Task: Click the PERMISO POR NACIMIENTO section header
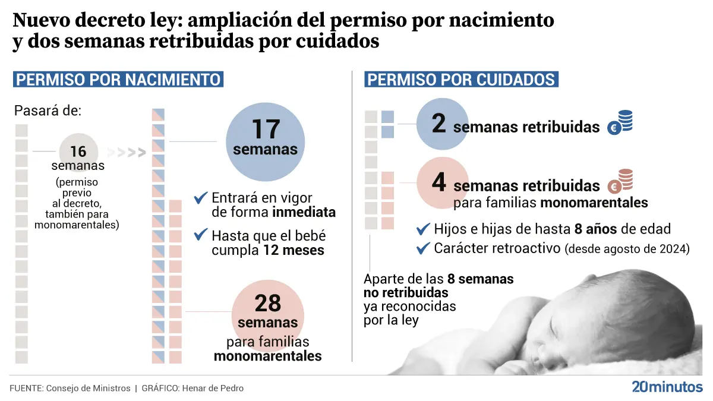[118, 80]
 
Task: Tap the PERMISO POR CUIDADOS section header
[461, 80]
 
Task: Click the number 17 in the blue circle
[266, 130]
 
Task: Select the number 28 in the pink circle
[267, 303]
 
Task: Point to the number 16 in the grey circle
[78, 152]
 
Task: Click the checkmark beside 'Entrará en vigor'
[201, 197]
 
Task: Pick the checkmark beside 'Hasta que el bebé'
[201, 235]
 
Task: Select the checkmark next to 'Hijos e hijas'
[424, 229]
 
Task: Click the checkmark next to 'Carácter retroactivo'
[424, 248]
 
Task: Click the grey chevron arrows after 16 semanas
[129, 153]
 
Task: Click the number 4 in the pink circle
[438, 183]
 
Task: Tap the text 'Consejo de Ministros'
[87, 389]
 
